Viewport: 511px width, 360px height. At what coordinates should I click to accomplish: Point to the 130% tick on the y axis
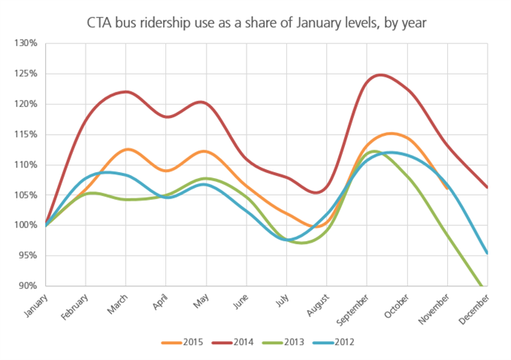click(26, 44)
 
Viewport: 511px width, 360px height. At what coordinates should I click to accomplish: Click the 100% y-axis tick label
click(26, 225)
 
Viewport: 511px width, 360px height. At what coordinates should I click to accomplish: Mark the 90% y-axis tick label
click(28, 286)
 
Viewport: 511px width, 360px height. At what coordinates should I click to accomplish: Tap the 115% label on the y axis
click(26, 135)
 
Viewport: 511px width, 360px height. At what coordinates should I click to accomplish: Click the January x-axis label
click(32, 302)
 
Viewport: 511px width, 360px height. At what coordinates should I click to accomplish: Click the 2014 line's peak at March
click(125, 92)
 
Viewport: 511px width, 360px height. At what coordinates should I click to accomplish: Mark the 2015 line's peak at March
click(126, 150)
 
